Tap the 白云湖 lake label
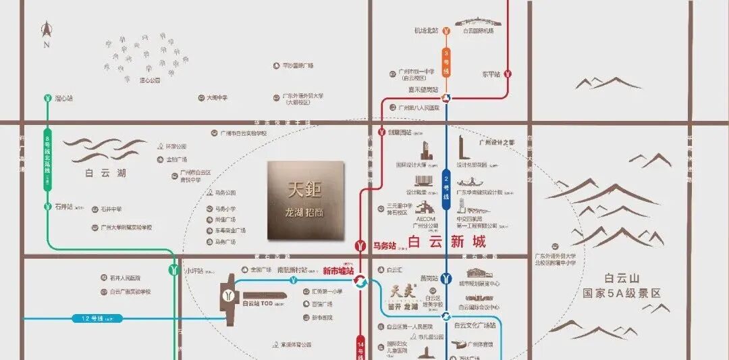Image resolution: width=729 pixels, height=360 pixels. tap(106, 174)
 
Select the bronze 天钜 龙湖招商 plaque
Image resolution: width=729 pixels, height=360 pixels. tap(306, 201)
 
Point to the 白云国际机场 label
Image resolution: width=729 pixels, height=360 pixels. tap(478, 31)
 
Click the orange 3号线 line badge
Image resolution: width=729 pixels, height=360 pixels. tap(446, 62)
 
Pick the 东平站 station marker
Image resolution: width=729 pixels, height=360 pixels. tap(508, 74)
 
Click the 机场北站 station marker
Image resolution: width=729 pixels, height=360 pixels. tap(446, 30)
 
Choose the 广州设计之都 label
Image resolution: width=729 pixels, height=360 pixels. tap(496, 143)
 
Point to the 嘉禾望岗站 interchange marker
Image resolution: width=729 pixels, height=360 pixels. tap(446, 98)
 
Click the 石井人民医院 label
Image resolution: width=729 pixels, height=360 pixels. tap(124, 278)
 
